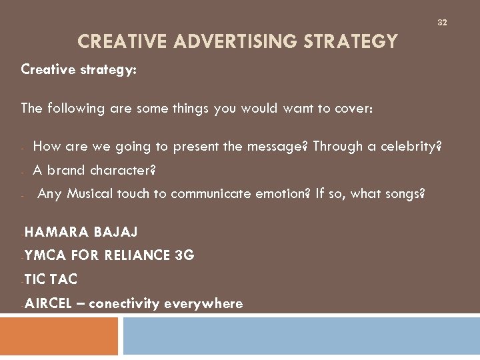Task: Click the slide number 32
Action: coord(442,23)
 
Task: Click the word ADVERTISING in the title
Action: coord(237,43)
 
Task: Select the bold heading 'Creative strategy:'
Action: coord(79,69)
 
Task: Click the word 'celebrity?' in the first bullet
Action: coord(411,146)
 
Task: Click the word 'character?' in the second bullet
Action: coord(123,170)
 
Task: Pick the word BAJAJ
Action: coord(116,232)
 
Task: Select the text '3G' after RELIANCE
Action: coord(184,256)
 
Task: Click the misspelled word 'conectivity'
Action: coord(124,304)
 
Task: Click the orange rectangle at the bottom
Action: coord(59,336)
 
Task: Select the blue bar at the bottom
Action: coord(301,336)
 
